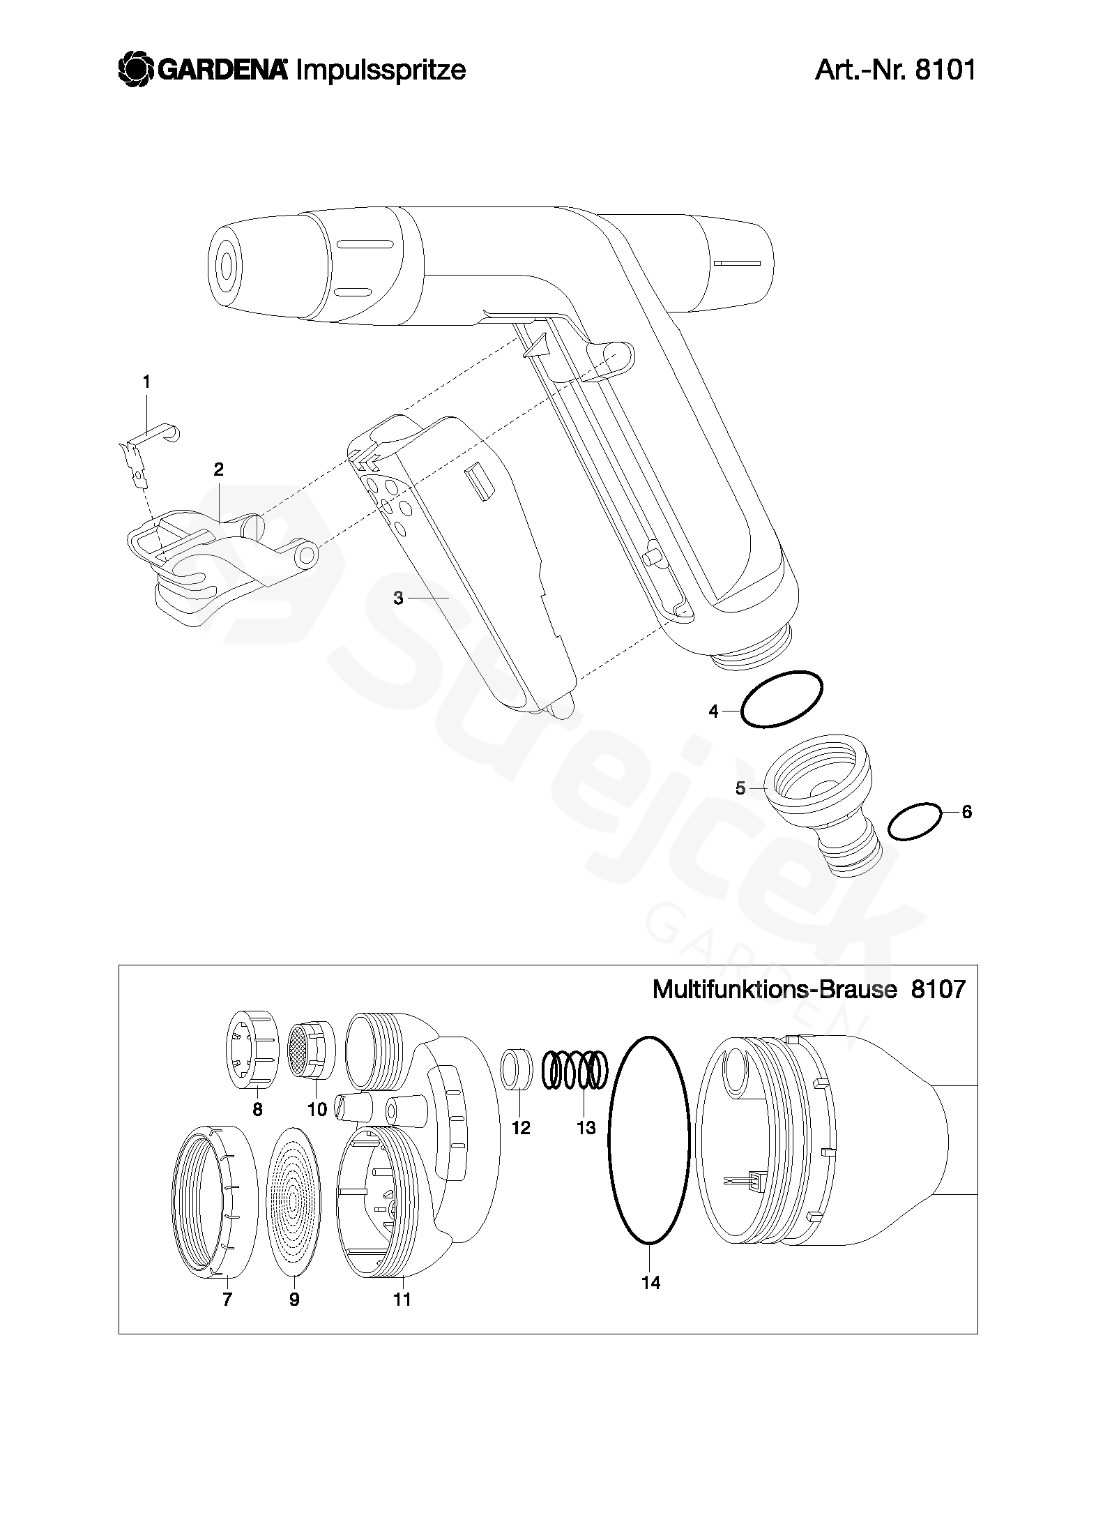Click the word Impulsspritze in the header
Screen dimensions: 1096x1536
pos(381,70)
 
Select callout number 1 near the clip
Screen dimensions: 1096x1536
pos(146,382)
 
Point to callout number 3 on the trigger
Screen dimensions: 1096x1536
pos(399,598)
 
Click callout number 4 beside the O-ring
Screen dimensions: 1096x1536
pos(713,711)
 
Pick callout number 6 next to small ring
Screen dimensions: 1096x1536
pos(966,812)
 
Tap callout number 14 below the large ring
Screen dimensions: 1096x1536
pos(650,1282)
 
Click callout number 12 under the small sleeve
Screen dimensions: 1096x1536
pos(521,1128)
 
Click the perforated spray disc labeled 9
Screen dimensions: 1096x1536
pos(294,1198)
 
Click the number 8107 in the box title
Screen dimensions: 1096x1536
pos(938,989)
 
